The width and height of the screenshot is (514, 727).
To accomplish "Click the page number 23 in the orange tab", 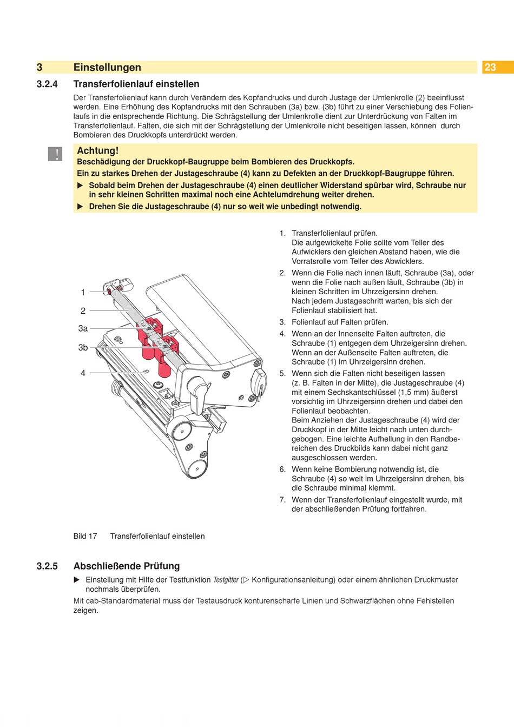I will pos(490,67).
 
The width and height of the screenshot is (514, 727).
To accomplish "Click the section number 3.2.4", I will pos(47,84).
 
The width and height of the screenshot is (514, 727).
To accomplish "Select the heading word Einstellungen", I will pos(107,67).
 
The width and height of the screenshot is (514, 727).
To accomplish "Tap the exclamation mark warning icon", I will pos(56,154).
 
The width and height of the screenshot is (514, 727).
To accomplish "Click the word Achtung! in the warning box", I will pos(97,151).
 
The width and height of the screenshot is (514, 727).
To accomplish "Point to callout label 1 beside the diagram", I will pos(83,292).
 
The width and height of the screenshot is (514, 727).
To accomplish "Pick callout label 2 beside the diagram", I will pos(83,310).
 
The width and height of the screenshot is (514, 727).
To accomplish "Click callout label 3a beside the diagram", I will pos(83,328).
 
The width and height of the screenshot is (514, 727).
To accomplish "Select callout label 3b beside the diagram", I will pos(83,347).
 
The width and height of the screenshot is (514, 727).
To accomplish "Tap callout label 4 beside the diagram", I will pos(83,373).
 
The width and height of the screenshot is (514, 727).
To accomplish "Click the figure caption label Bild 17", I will pos(85,536).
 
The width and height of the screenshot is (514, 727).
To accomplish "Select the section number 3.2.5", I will pos(47,566).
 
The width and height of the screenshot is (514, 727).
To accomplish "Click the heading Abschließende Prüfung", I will pos(127,566).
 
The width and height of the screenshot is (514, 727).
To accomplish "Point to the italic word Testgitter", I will pos(226,580).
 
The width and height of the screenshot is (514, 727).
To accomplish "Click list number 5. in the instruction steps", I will pos(282,373).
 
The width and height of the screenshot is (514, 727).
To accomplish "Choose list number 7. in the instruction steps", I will pos(282,500).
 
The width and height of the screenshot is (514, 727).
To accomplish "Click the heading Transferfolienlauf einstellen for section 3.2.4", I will pos(136,84).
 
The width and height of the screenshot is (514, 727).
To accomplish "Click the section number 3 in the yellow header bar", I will pos(39,67).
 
